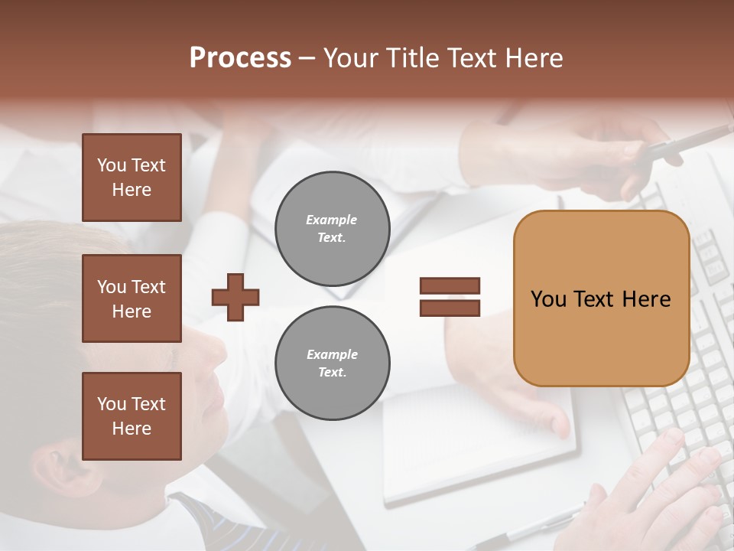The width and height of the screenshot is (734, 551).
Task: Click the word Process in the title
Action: click(x=240, y=58)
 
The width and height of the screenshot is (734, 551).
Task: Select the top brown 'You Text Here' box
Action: click(x=132, y=178)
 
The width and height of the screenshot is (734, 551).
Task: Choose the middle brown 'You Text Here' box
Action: click(x=132, y=298)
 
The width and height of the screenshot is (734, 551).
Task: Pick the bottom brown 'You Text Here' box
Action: click(x=132, y=416)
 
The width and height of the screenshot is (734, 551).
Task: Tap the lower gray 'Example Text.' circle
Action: click(x=332, y=364)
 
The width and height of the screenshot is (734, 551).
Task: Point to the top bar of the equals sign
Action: click(x=450, y=286)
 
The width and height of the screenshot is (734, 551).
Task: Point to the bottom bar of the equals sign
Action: click(x=450, y=308)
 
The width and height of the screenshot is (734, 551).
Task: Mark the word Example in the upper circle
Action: click(x=332, y=220)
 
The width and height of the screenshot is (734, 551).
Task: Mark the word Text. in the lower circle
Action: click(x=332, y=373)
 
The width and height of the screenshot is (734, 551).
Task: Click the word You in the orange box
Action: click(x=548, y=299)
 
